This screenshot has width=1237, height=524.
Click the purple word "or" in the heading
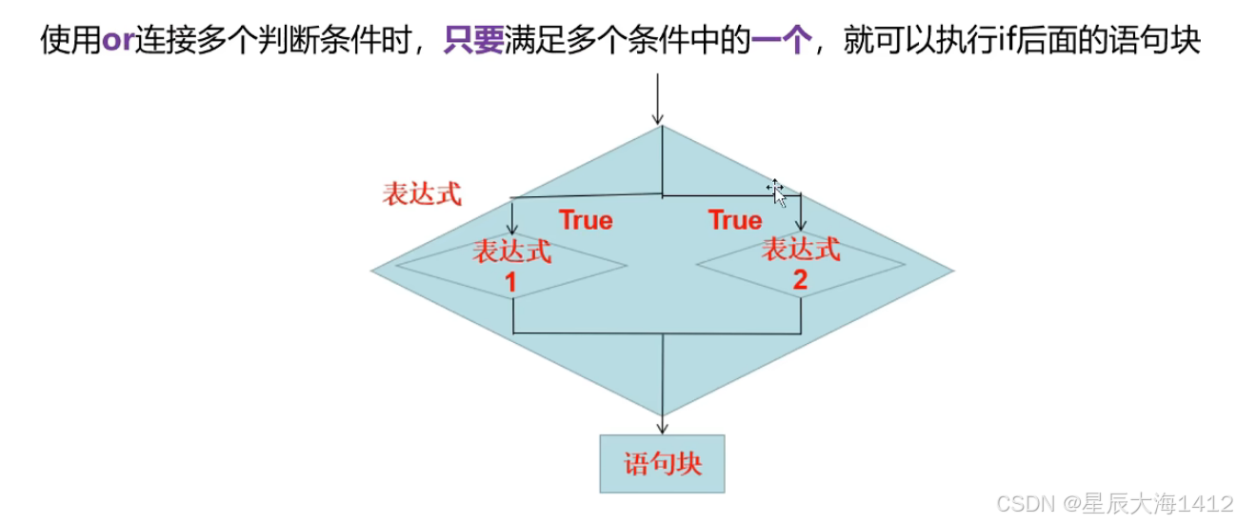[x=118, y=41]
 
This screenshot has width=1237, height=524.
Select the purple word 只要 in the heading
[x=474, y=41]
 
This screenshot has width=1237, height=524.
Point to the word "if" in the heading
[x=1000, y=41]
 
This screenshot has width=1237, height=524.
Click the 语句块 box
[x=662, y=464]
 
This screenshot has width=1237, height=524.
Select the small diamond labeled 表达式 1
[x=512, y=265]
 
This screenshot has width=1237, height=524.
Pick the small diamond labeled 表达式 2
[x=800, y=264]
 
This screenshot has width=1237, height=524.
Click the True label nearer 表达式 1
[x=586, y=220]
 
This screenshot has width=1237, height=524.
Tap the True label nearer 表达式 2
[x=735, y=220]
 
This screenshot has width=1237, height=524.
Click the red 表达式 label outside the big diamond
[x=422, y=194]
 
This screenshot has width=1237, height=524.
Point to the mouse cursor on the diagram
[x=777, y=193]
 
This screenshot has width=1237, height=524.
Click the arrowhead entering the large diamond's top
[x=657, y=118]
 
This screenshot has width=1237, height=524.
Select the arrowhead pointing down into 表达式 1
[x=513, y=230]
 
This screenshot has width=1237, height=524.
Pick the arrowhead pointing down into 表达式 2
[x=800, y=225]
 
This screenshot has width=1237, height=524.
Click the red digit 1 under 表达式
[x=510, y=282]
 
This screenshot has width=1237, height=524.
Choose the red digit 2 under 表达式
[x=799, y=280]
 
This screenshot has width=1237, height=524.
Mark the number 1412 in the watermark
[x=1206, y=504]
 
